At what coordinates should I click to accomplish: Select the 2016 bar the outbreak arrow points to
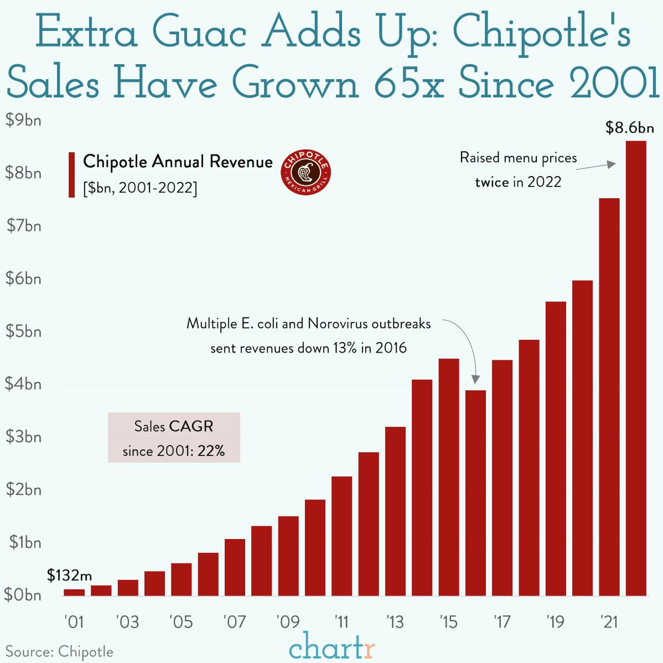click(x=475, y=493)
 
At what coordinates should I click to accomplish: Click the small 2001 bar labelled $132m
click(x=74, y=592)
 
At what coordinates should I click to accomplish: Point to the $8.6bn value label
click(x=629, y=129)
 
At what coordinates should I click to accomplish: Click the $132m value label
click(x=69, y=576)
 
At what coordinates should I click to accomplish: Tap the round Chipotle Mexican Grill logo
click(x=306, y=172)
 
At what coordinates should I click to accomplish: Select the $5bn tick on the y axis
click(x=23, y=331)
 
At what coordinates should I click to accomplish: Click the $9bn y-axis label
click(x=23, y=120)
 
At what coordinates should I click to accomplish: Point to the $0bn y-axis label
click(x=23, y=595)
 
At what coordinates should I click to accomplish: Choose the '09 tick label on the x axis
click(x=288, y=623)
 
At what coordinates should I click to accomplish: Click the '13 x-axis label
click(x=395, y=623)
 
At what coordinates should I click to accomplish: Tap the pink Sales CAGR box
click(x=174, y=438)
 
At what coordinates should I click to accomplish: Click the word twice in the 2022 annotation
click(x=491, y=182)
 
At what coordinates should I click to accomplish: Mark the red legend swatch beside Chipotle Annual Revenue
click(x=71, y=174)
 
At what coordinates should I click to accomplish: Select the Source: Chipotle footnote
click(x=59, y=651)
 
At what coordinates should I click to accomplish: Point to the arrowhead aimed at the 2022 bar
click(x=612, y=164)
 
